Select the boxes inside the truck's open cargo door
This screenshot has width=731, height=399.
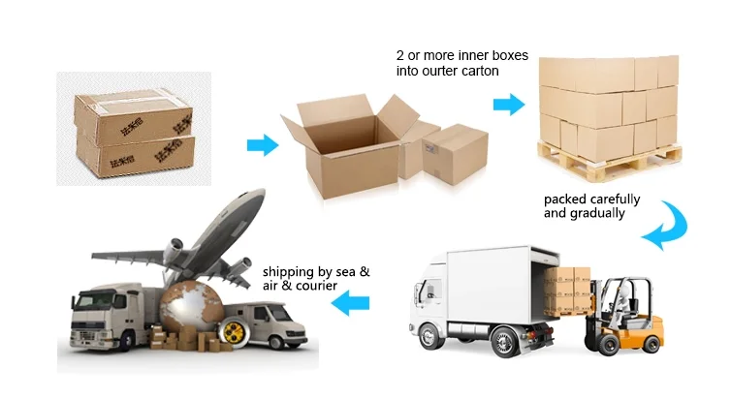pos(567,286)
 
